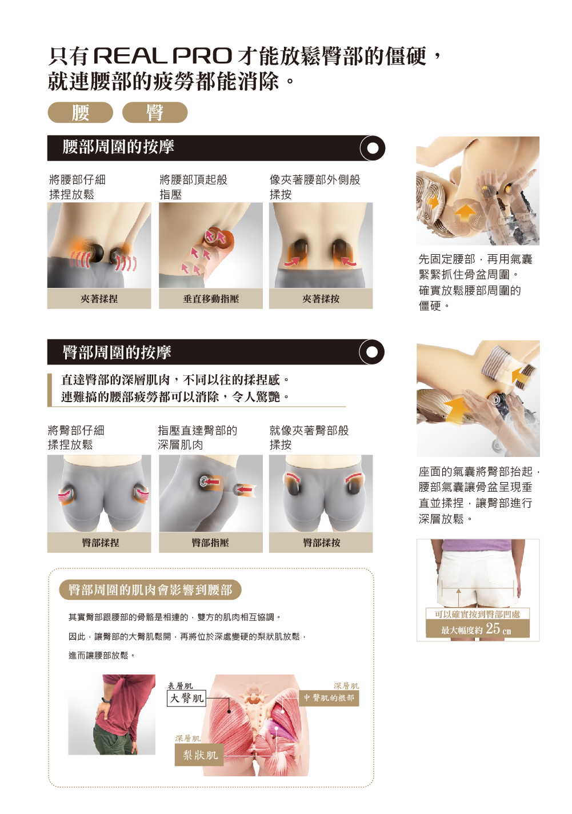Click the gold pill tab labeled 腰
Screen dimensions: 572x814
coord(80,113)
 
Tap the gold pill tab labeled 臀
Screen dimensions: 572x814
coord(155,113)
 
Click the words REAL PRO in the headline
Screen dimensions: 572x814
coord(163,56)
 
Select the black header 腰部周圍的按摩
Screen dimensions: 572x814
coord(216,148)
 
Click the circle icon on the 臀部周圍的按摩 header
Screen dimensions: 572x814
coord(372,352)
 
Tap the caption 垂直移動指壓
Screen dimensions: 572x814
coord(211,299)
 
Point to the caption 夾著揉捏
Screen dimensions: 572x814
coord(99,299)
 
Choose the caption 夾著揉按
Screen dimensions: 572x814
coord(321,299)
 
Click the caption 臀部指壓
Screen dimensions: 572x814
coord(210,543)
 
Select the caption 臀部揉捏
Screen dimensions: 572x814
coord(101,543)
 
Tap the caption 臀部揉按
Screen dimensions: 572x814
coord(322,543)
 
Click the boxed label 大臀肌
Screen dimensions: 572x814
coord(186,697)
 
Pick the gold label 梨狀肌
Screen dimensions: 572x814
coord(199,755)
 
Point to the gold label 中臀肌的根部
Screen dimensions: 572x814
coord(329,697)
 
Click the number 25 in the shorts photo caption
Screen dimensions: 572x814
coord(493,628)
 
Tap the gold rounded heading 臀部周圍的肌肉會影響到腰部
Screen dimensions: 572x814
coord(150,590)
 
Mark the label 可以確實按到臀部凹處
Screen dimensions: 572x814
coord(477,614)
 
